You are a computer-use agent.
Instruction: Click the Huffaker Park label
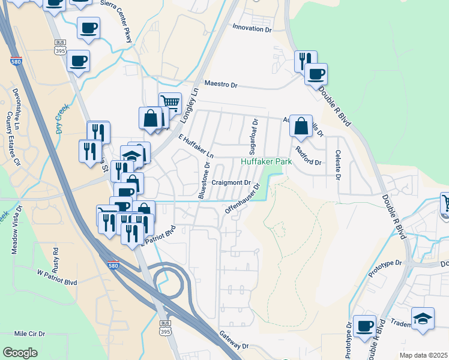[266, 162]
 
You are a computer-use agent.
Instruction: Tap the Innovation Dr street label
[252, 28]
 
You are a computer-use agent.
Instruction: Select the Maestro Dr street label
[221, 84]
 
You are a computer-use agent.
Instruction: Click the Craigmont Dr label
[231, 182]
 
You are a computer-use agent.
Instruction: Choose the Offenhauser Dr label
[244, 199]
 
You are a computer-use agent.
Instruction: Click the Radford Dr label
[309, 163]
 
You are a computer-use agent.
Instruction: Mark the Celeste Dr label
[338, 165]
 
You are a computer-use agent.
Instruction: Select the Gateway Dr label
[234, 343]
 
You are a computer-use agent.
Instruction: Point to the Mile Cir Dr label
[29, 333]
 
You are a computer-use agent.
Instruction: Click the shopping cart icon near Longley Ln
[170, 103]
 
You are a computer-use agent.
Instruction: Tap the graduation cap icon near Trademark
[423, 317]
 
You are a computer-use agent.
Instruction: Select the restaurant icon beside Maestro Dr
[306, 61]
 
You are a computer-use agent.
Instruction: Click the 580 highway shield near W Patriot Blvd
[113, 265]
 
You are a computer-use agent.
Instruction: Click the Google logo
[20, 353]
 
